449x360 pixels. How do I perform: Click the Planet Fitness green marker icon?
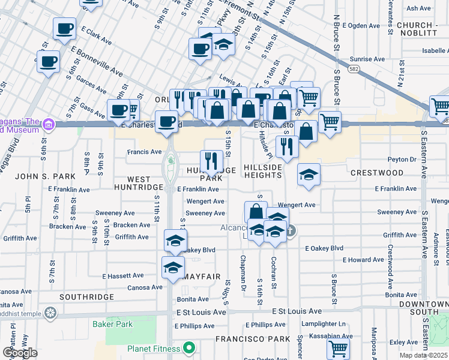tap(189, 348)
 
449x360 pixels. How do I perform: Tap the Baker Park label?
tap(112, 324)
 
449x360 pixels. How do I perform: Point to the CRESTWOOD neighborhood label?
tap(377, 173)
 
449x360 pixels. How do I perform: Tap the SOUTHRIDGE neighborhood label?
tap(87, 297)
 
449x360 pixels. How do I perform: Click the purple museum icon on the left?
tap(49, 125)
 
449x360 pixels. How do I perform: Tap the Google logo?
tap(20, 353)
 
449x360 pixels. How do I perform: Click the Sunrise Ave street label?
tap(367, 59)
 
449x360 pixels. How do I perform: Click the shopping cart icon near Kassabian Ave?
tap(339, 347)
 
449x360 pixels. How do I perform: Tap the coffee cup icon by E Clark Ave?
tap(64, 28)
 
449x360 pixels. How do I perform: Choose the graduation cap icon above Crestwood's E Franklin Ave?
tap(309, 175)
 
